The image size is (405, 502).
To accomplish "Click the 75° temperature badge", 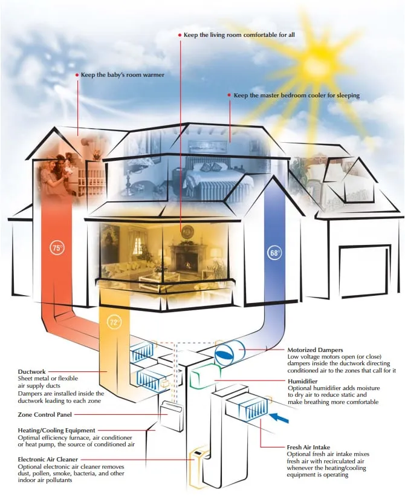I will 57,248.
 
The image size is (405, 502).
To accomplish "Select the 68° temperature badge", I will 275,253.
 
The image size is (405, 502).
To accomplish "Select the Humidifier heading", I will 303,381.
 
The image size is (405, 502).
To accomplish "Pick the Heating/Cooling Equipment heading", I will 56,431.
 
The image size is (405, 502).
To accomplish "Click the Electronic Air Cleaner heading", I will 48,460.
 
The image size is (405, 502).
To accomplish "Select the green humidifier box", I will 204,377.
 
